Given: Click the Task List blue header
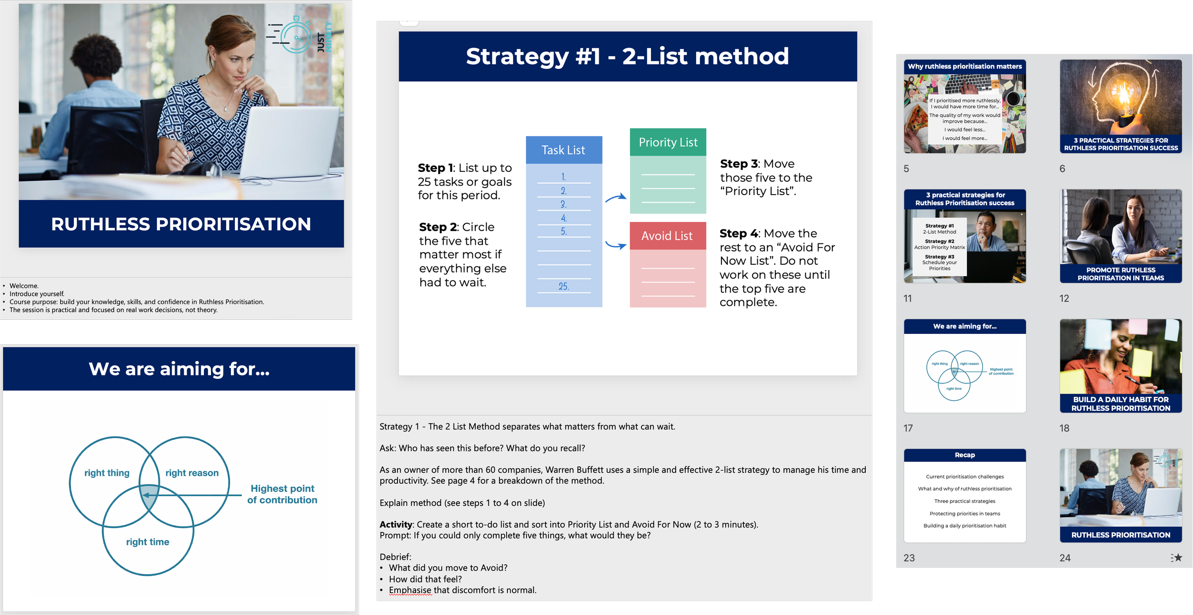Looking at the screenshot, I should (x=564, y=150).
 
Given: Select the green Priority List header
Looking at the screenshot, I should (x=668, y=142).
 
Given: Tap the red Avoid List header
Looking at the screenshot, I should (x=667, y=236).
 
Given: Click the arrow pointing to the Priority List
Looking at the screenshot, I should (x=616, y=198).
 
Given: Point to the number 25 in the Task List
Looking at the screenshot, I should (x=564, y=286).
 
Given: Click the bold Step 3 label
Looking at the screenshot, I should (x=739, y=164).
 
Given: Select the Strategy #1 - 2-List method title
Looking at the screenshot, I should (x=627, y=56).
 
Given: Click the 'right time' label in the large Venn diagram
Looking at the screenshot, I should (x=147, y=542).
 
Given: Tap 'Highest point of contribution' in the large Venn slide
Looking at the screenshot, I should (x=282, y=494).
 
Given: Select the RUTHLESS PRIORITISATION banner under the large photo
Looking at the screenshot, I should (x=181, y=224).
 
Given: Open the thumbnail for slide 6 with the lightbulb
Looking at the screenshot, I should (x=1120, y=106).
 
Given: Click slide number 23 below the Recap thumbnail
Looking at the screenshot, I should (x=909, y=558).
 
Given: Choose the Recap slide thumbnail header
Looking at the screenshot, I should (x=964, y=455).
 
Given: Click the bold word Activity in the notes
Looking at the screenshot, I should (x=396, y=524).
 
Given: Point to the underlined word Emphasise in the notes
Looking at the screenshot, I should (x=410, y=590).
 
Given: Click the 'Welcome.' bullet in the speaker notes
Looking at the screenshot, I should (x=24, y=286).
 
